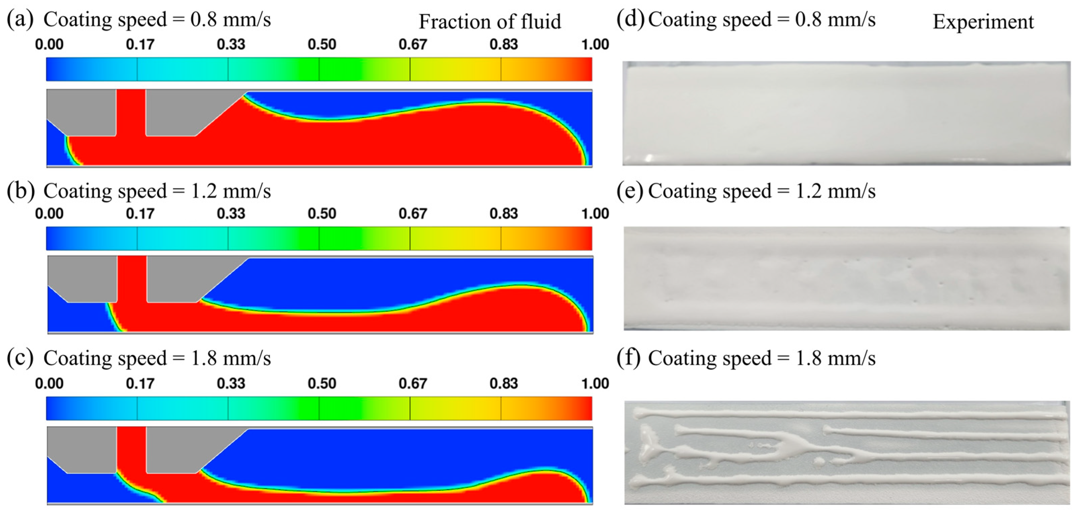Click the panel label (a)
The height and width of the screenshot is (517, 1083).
click(19, 20)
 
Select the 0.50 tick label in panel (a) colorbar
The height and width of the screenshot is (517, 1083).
click(322, 44)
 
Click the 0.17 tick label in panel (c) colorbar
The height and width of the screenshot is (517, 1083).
click(140, 383)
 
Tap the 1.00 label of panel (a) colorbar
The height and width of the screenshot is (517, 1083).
click(595, 44)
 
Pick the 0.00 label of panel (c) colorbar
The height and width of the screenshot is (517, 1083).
click(49, 383)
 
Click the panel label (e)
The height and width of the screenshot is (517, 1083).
click(629, 191)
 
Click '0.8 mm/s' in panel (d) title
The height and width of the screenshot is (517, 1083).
click(835, 20)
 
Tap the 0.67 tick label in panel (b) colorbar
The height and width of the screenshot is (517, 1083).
click(412, 214)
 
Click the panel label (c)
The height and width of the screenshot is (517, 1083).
click(19, 358)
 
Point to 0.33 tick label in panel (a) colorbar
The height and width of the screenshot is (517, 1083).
click(231, 44)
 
